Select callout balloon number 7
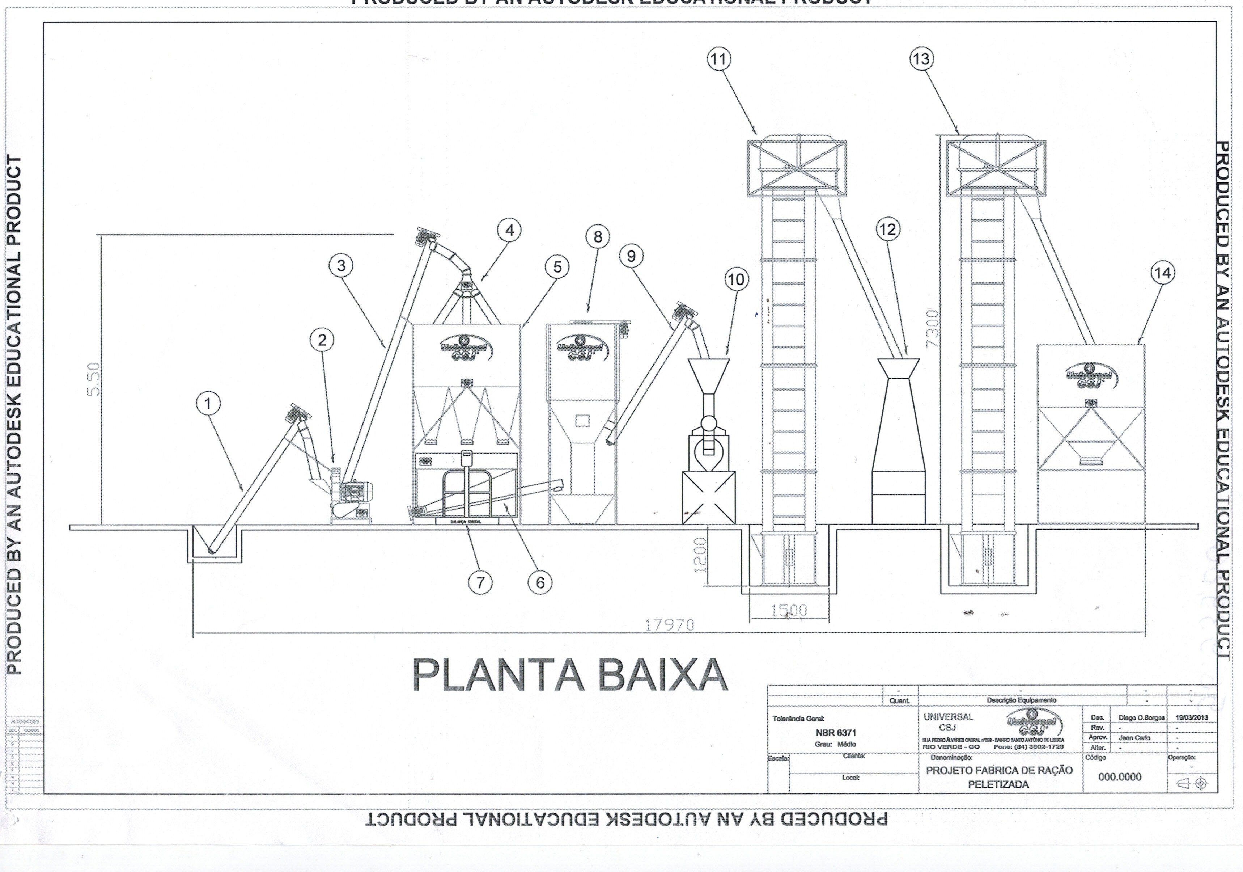coord(480,583)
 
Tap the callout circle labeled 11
coord(719,59)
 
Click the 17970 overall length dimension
coord(669,625)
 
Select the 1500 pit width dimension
coord(789,610)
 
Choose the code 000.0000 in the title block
coord(1120,777)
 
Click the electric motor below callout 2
coord(355,491)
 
